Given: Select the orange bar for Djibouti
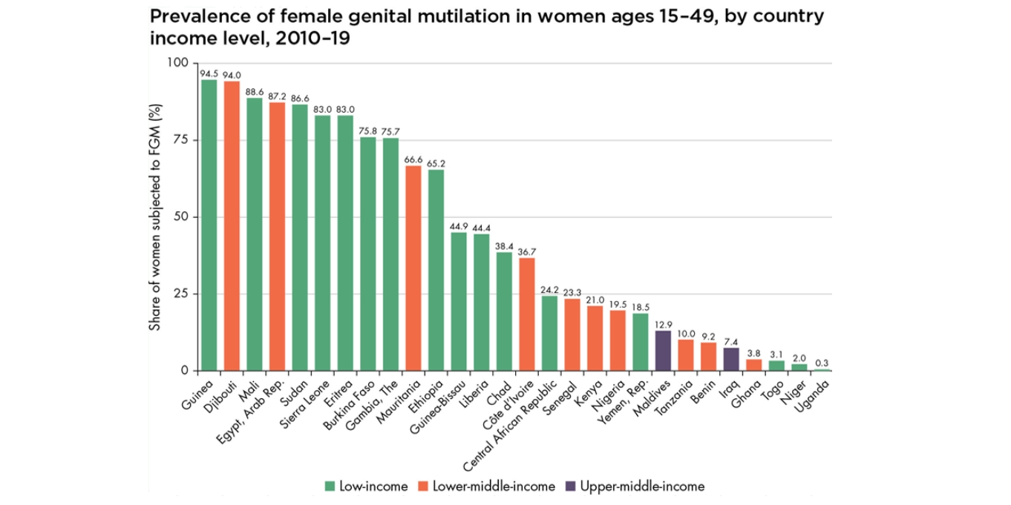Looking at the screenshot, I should click(232, 225).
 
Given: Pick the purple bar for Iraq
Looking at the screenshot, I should click(731, 359).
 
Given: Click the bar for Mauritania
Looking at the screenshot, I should click(413, 268).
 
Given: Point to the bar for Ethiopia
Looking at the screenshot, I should click(436, 270).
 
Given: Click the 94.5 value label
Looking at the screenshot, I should click(209, 73).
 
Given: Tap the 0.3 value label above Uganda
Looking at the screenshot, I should click(822, 363).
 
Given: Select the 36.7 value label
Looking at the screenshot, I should click(527, 251).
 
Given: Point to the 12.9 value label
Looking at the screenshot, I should click(664, 324).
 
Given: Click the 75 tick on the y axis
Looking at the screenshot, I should click(179, 139).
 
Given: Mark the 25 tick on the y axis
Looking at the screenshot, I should click(179, 294).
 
